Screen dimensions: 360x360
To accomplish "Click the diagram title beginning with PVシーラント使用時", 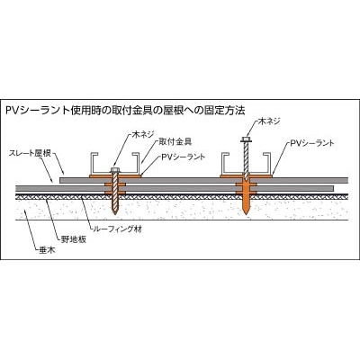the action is click(125, 111).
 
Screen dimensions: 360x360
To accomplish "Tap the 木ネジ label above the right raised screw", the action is click(269, 121).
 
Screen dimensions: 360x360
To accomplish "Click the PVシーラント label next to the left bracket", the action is click(184, 157).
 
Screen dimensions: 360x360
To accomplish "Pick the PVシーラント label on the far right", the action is click(312, 143).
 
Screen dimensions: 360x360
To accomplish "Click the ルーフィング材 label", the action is click(118, 229).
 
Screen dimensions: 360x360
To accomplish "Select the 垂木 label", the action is click(47, 250).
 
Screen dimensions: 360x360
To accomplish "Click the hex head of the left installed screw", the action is click(114, 170).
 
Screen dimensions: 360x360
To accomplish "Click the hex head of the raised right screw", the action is click(246, 139).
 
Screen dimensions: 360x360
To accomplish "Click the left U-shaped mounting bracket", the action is click(115, 164).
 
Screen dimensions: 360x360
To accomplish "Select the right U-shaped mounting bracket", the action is click(246, 164).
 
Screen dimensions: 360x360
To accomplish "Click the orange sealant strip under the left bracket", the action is click(115, 176).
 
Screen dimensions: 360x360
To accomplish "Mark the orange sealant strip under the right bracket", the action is click(246, 176).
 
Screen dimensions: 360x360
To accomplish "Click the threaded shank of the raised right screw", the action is click(246, 161).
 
